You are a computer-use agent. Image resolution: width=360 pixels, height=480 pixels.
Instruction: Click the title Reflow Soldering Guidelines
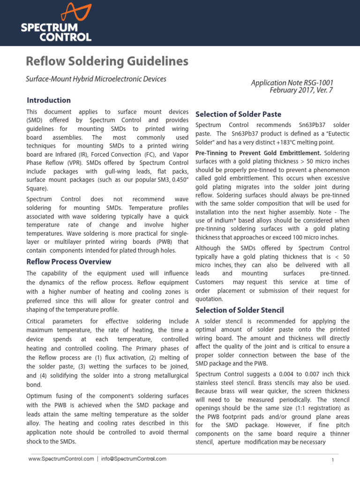pos(107,61)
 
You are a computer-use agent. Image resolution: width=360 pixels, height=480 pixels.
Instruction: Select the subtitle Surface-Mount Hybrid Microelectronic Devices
pos(96,79)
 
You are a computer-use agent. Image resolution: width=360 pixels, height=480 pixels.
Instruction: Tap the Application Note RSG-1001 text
pos(292,83)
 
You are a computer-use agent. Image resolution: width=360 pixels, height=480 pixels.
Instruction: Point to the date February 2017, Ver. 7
pos(301,90)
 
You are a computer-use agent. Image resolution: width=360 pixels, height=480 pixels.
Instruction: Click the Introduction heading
pos(49,100)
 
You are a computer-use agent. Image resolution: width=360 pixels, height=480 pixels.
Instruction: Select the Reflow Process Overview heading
pos(69,262)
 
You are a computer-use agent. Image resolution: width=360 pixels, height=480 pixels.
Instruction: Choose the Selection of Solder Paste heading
pos(238,114)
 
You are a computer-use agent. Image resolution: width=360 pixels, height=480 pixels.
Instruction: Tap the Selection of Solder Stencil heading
pos(240,310)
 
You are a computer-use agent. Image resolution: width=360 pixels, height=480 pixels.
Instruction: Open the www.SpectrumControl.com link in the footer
pos(60,459)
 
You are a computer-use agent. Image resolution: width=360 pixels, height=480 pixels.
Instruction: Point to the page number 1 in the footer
pos(332,460)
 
